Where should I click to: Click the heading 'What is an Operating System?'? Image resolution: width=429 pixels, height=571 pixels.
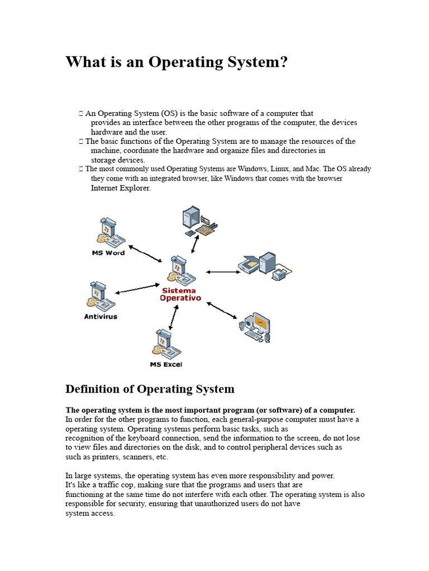pyautogui.click(x=177, y=61)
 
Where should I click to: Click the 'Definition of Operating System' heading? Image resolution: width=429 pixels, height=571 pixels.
pyautogui.click(x=150, y=389)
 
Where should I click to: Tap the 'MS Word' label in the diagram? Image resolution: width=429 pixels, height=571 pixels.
pyautogui.click(x=108, y=253)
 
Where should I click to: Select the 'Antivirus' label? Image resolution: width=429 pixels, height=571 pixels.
pyautogui.click(x=101, y=317)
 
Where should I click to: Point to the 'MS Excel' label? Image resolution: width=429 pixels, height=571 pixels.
pyautogui.click(x=166, y=365)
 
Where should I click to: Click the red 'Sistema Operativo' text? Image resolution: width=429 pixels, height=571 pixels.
pyautogui.click(x=180, y=294)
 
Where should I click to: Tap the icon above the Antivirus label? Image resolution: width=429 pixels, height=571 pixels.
pyautogui.click(x=101, y=296)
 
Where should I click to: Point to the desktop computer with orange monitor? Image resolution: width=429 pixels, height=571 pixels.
pyautogui.click(x=255, y=327)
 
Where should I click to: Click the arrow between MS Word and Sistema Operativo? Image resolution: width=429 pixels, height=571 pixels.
pyautogui.click(x=145, y=253)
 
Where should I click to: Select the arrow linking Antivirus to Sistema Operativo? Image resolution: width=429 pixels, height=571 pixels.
pyautogui.click(x=136, y=288)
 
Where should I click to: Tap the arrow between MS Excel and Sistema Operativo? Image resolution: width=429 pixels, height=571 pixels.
pyautogui.click(x=174, y=316)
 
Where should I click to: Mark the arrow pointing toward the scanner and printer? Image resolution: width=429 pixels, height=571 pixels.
pyautogui.click(x=222, y=272)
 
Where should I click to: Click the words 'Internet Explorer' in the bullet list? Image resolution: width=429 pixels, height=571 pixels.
pyautogui.click(x=121, y=188)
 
